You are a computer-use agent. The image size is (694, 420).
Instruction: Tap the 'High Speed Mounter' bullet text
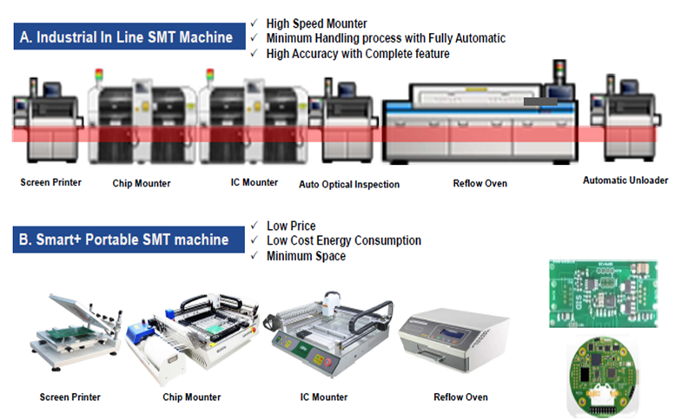(316, 23)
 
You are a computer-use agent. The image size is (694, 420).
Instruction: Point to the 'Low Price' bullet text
(291, 226)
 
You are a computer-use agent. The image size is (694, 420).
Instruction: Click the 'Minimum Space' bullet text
(306, 256)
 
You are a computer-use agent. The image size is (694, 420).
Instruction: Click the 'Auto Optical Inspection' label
(349, 185)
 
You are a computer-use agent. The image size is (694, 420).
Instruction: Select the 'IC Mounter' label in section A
(254, 182)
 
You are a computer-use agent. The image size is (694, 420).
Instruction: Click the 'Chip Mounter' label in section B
(191, 397)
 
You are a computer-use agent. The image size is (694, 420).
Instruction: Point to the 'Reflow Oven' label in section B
(460, 397)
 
